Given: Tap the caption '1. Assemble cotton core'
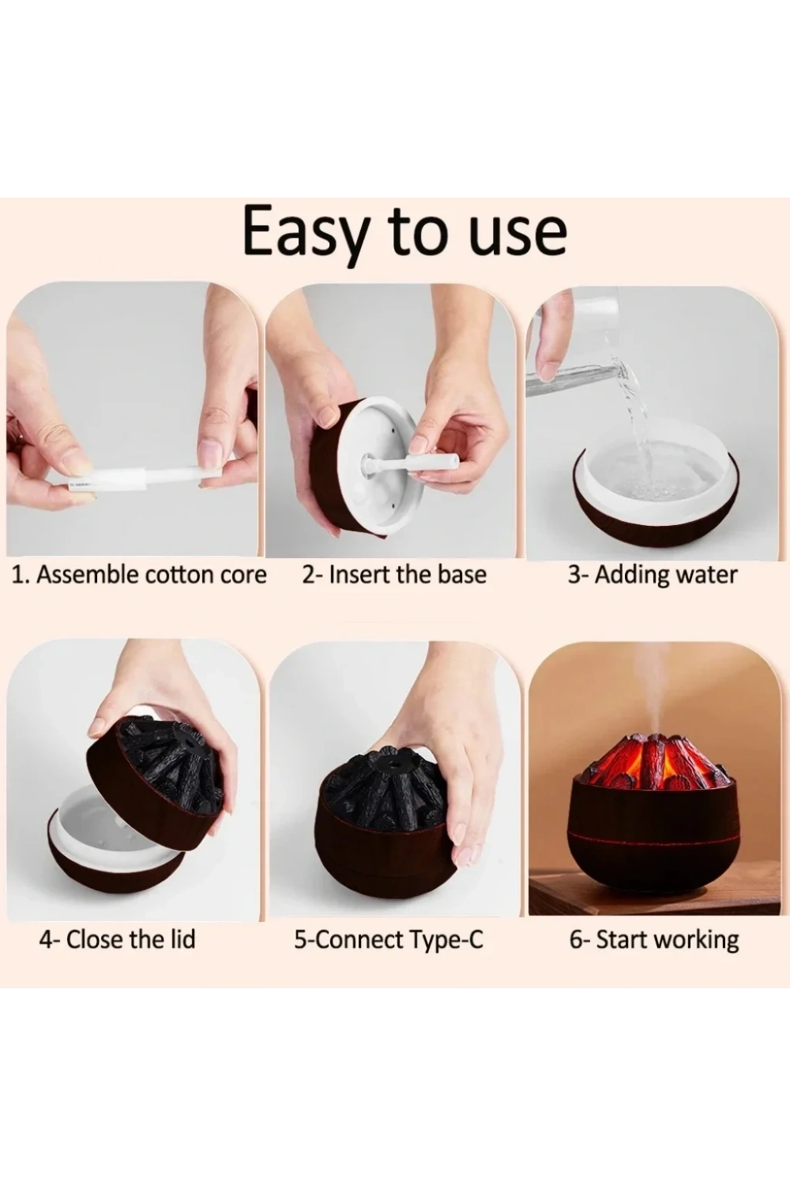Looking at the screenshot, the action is [138, 575].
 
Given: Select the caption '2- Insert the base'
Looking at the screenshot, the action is [394, 575].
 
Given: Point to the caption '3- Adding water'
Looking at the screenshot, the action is [653, 576].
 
